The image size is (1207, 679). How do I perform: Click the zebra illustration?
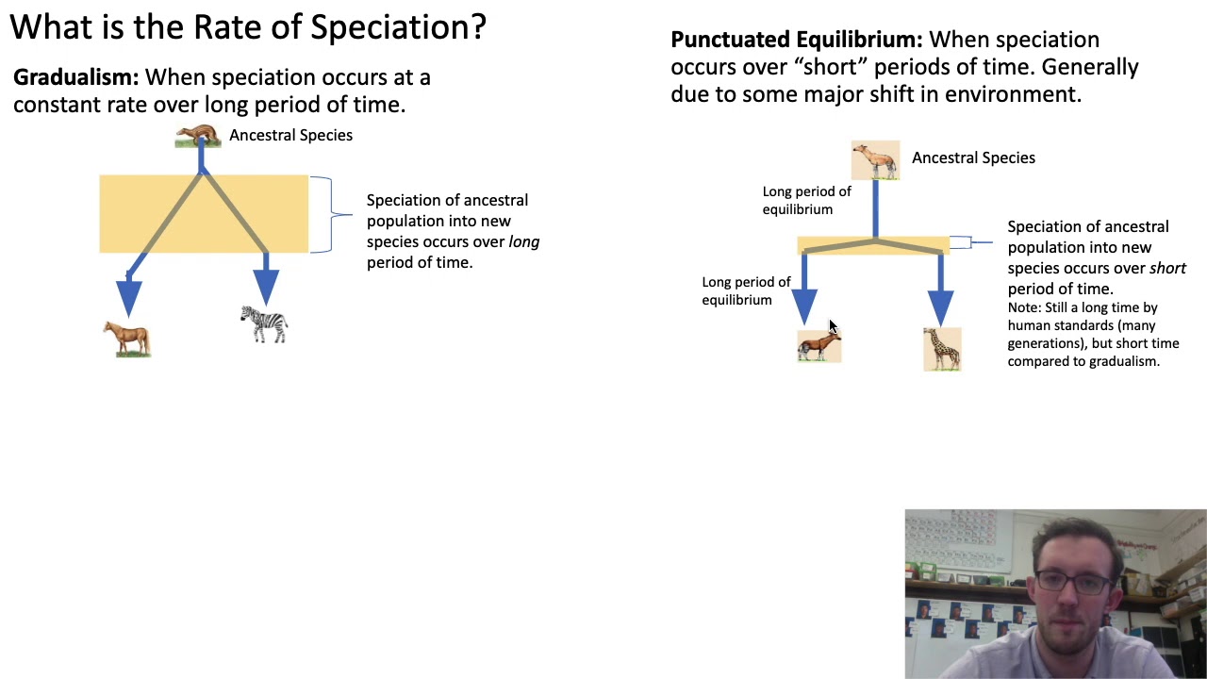264,323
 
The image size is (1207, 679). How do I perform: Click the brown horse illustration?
127,338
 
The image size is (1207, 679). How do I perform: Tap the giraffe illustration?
942,348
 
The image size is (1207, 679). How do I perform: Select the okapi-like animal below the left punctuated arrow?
818,346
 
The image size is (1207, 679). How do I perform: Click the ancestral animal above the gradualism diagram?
197,137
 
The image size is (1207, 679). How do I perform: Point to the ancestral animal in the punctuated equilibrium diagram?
875,159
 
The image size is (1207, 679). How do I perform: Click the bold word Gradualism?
75,77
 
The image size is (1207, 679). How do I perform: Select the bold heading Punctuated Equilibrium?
795,40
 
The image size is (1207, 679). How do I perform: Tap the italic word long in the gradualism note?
523,241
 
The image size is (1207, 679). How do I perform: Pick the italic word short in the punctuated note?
1167,268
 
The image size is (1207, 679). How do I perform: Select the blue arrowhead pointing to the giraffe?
940,306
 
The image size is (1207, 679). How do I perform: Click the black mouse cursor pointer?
832,326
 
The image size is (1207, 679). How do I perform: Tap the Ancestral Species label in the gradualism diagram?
290,135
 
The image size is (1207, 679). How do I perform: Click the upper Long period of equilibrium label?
806,200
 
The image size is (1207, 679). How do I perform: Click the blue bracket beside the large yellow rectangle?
324,214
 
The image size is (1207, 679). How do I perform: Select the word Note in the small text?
1022,307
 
